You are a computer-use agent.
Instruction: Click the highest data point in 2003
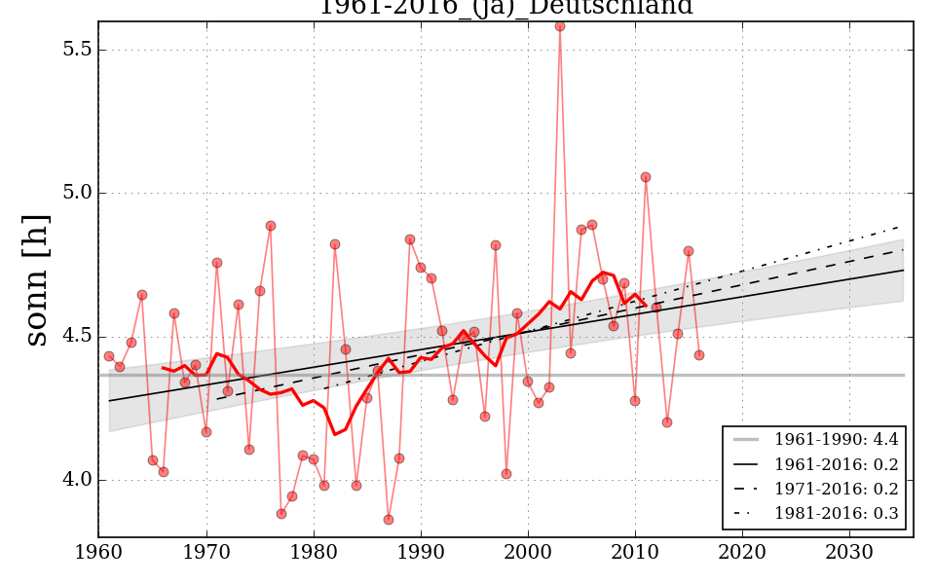point(560,26)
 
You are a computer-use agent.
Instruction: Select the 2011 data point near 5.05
point(646,177)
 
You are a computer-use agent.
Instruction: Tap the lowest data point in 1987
point(389,520)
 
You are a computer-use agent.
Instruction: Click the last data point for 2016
point(699,355)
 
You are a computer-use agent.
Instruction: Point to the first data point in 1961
point(109,356)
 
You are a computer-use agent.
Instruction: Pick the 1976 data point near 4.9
point(271,226)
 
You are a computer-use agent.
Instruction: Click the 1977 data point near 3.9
point(281,514)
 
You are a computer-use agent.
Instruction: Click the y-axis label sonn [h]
point(36,280)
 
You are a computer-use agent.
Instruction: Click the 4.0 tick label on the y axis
point(77,480)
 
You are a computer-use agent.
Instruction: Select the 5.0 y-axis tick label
point(77,193)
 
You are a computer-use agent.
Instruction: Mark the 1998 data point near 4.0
point(506,474)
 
